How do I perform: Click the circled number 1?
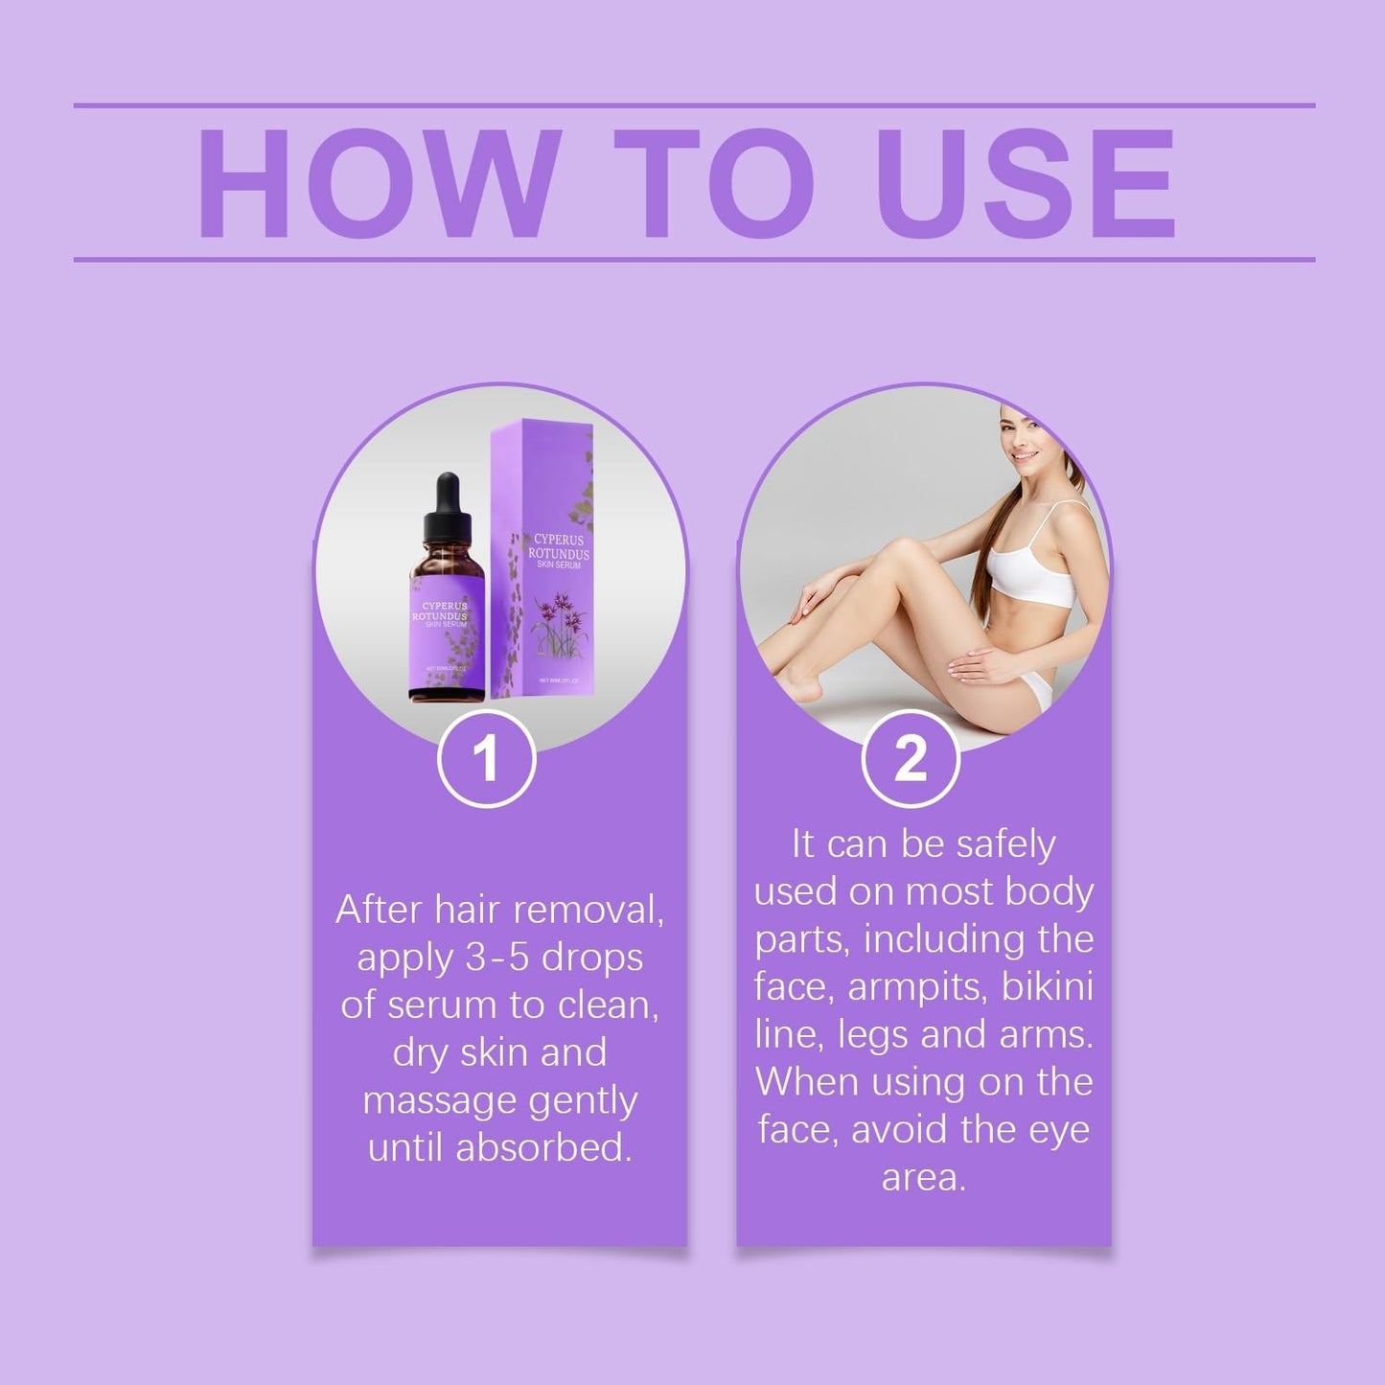(x=486, y=759)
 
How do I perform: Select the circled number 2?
(x=910, y=759)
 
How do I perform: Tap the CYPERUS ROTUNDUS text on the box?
(x=559, y=547)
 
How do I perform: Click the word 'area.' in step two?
(x=923, y=1178)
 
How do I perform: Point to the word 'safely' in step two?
(x=1005, y=844)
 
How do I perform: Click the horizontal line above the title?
(x=694, y=105)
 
